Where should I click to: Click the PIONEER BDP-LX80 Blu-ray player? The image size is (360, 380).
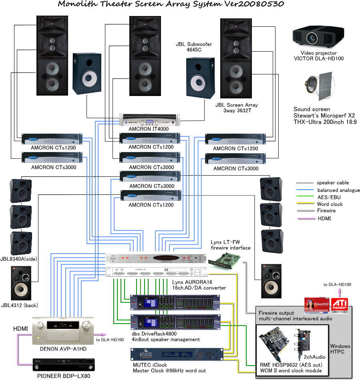[64, 365]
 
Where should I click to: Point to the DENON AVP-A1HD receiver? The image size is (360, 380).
[63, 330]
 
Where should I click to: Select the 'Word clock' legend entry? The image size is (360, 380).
[330, 204]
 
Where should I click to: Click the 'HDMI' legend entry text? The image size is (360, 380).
[324, 218]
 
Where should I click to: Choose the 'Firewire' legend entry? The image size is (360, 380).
[326, 211]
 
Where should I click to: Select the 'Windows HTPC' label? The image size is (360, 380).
[340, 349]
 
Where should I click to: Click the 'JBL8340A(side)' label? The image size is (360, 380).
[19, 259]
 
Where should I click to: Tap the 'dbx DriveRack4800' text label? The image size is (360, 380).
[160, 333]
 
